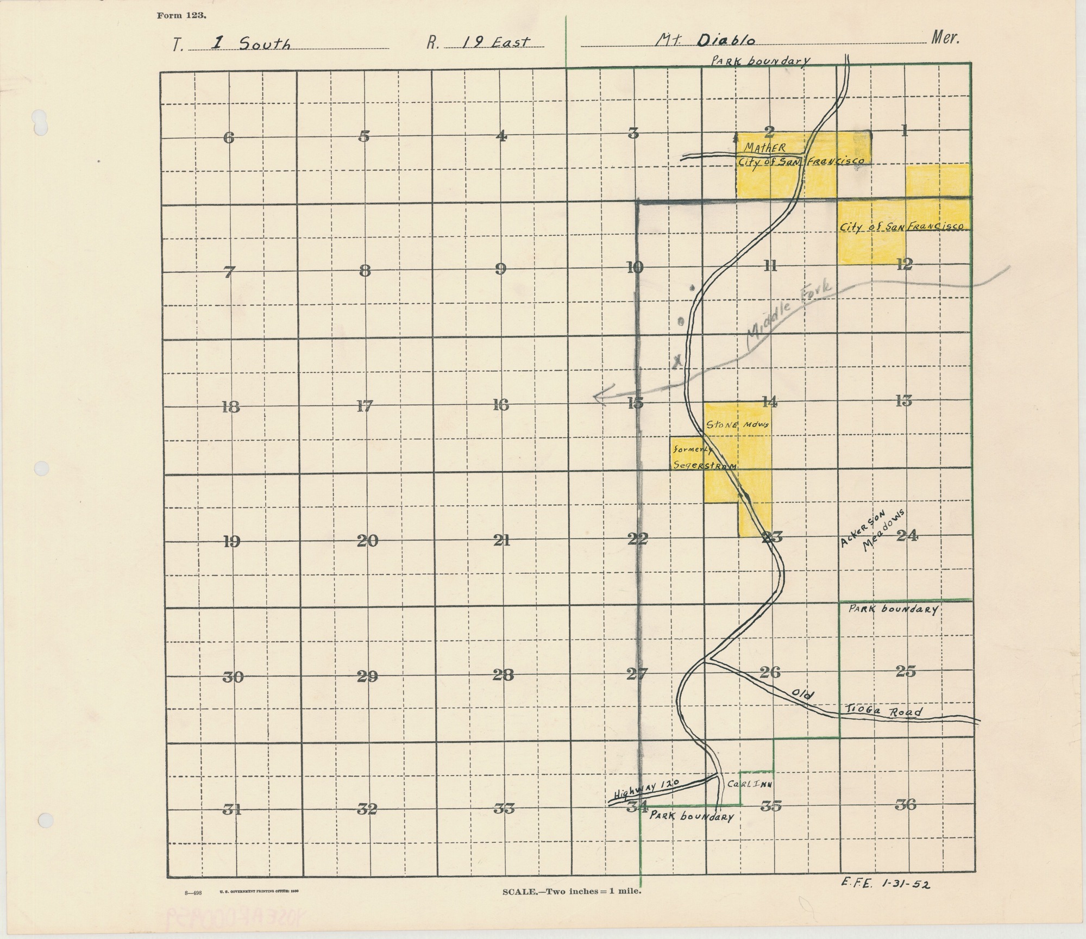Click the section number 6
(229, 138)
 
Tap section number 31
(232, 809)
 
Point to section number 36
(905, 804)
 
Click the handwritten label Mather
(764, 148)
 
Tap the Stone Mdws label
(737, 425)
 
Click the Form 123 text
(181, 16)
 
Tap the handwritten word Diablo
(725, 40)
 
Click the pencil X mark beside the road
(676, 361)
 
